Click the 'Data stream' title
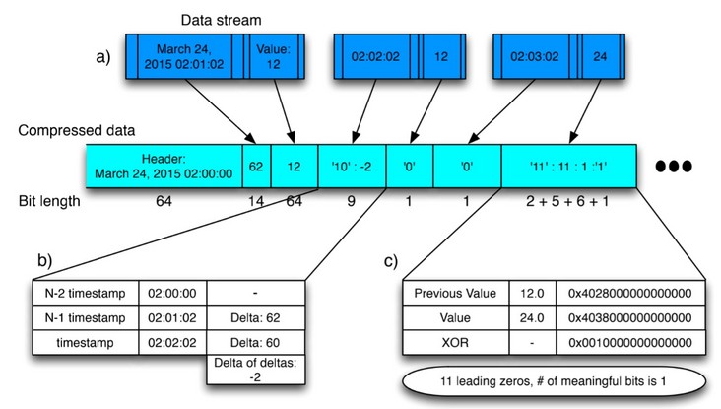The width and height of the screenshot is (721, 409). click(221, 20)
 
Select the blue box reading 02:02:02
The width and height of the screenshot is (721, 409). click(375, 56)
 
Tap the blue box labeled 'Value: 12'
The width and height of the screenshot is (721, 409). click(274, 56)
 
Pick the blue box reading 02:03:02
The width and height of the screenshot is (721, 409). click(535, 56)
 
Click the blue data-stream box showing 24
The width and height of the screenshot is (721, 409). click(600, 56)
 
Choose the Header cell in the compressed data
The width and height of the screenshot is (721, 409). click(164, 167)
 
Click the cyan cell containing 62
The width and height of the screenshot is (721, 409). click(256, 167)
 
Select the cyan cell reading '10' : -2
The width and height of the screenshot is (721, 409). click(352, 167)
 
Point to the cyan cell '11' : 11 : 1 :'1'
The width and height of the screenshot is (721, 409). click(568, 167)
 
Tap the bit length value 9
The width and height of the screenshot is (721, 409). click(351, 201)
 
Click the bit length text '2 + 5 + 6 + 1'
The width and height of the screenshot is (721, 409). click(567, 201)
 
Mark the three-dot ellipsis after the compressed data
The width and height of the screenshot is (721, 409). click(674, 167)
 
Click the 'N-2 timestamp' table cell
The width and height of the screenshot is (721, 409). click(86, 293)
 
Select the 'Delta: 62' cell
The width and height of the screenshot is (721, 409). click(256, 318)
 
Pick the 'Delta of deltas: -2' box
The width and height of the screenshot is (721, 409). click(256, 370)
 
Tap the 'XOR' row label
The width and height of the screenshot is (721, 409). click(455, 343)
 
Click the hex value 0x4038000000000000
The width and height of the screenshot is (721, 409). click(630, 318)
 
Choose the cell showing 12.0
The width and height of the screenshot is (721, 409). click(533, 293)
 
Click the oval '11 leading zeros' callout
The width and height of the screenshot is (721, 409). click(554, 381)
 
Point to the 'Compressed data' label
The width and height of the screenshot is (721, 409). click(76, 131)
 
